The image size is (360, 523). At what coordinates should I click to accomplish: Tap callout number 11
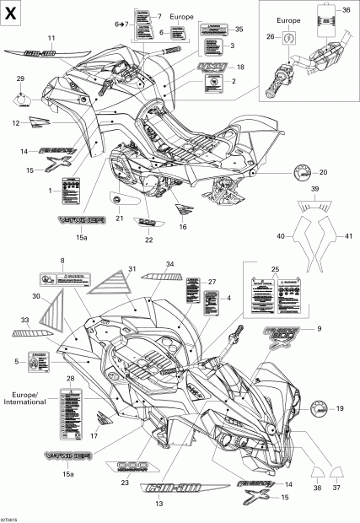coord(51,39)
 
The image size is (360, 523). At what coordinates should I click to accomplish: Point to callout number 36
coord(346,8)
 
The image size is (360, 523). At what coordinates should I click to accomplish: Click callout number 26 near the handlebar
coord(270,36)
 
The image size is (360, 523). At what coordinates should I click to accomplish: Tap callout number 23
coord(125,483)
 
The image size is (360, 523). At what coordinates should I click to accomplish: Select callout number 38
coord(317,488)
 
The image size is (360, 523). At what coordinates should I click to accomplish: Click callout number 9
coord(319,329)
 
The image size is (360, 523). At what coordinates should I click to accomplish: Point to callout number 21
coord(119,218)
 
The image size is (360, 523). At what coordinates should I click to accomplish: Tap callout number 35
coord(239,30)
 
